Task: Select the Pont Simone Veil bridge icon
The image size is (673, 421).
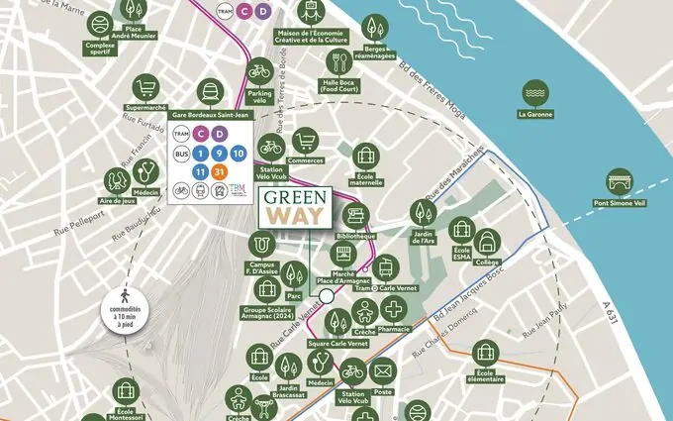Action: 622,182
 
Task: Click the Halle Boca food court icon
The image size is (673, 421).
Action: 338,61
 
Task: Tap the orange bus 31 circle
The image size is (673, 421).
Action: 220,172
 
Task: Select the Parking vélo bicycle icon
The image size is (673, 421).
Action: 259,71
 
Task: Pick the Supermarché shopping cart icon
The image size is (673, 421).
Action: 146,87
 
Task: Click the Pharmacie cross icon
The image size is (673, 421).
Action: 394,308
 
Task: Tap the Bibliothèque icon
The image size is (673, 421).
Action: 355,216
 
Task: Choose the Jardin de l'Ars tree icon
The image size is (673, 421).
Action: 423,212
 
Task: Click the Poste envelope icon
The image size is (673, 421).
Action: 383,373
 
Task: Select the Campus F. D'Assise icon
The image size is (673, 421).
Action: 262,244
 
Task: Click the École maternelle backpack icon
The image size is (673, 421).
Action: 366,156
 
